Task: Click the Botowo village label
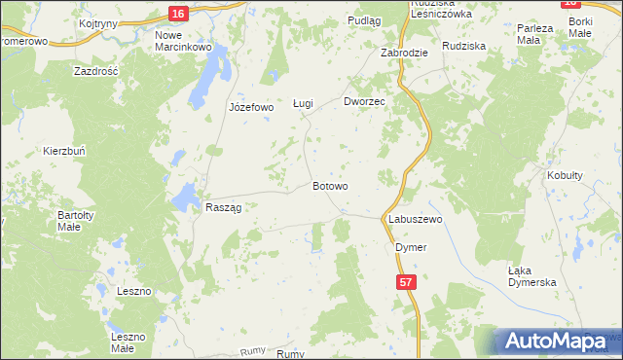coord(330,185)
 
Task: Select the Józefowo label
coord(251,107)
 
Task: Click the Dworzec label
coord(366,101)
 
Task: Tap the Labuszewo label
coord(416,220)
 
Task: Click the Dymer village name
coord(411,247)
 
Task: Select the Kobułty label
coord(565,175)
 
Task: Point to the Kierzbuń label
coord(64,151)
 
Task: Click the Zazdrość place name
coord(95,71)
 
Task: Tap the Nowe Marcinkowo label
coord(183,41)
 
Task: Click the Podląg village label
coord(363,20)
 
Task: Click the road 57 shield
coord(409,280)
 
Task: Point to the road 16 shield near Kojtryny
coord(176,13)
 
